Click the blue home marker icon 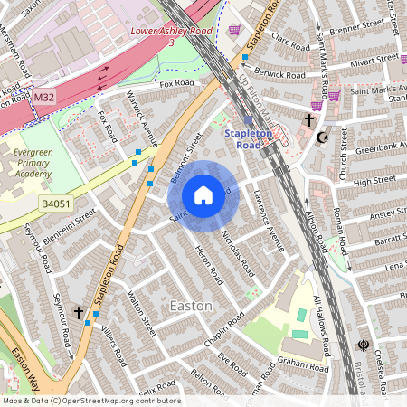click(203, 195)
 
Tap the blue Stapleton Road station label click(247, 138)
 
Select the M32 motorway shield click(43, 96)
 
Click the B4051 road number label click(56, 206)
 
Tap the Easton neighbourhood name click(192, 306)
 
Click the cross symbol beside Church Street click(309, 119)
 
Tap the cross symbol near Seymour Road click(79, 313)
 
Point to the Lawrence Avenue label click(269, 221)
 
